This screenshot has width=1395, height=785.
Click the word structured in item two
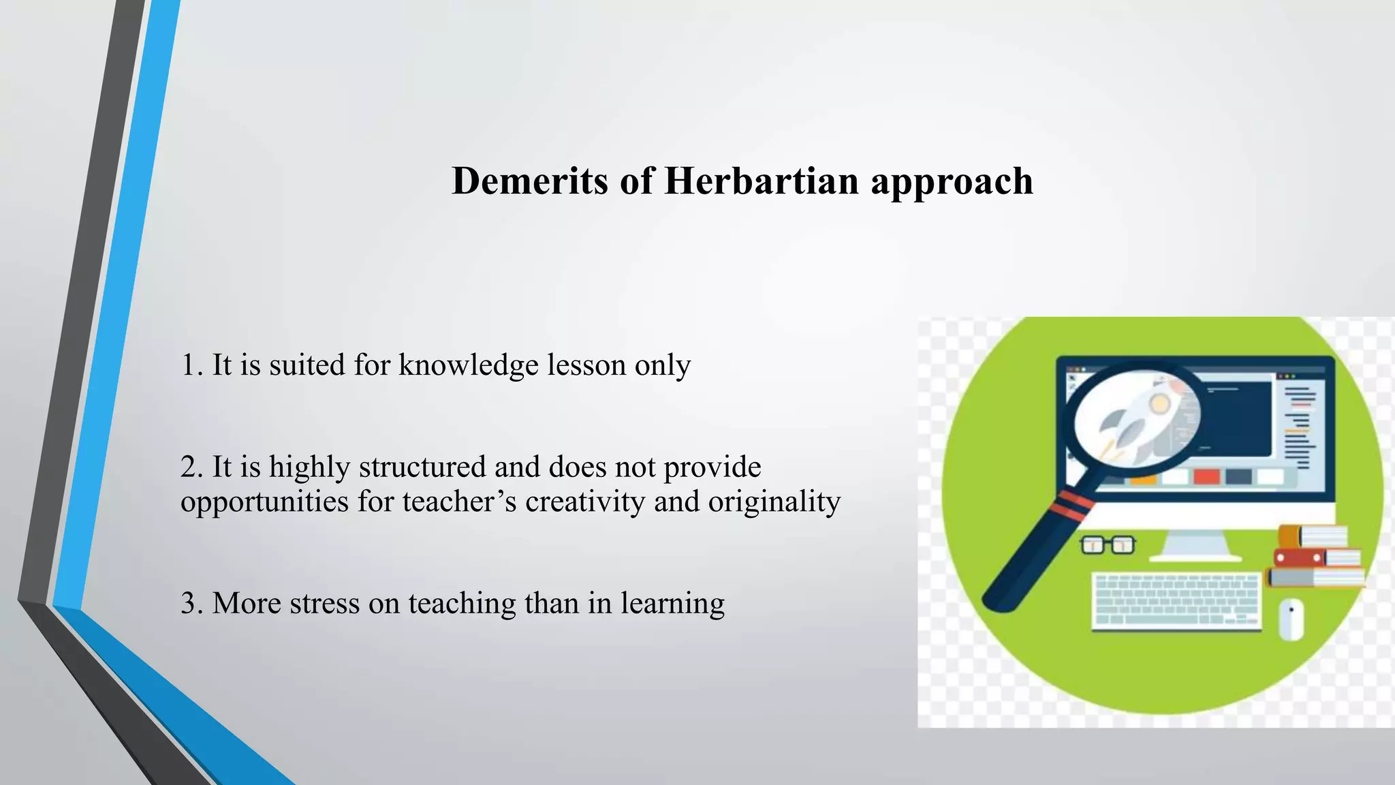tap(422, 467)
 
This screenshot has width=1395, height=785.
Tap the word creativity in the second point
tap(584, 502)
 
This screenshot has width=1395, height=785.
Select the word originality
tap(774, 503)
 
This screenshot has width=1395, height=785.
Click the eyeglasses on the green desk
tap(1108, 545)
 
